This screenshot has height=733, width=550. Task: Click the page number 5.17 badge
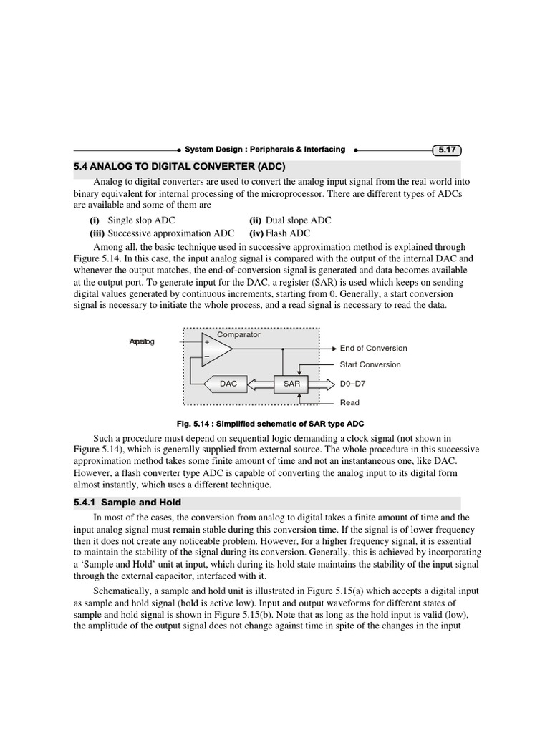pyautogui.click(x=447, y=150)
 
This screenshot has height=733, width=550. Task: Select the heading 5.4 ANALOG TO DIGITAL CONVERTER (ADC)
pyautogui.click(x=185, y=167)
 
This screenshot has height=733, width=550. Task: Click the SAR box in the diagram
pyautogui.click(x=291, y=384)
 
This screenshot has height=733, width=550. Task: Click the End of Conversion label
pyautogui.click(x=373, y=349)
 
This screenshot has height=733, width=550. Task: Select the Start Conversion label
pyautogui.click(x=370, y=365)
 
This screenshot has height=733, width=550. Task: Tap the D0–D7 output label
pyautogui.click(x=354, y=384)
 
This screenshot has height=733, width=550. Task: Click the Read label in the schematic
pyautogui.click(x=349, y=403)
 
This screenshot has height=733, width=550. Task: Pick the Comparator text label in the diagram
pyautogui.click(x=238, y=334)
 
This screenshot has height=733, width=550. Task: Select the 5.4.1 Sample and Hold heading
pyautogui.click(x=127, y=503)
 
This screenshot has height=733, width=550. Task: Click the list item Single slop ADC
pyautogui.click(x=140, y=220)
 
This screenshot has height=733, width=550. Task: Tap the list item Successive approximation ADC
pyautogui.click(x=170, y=233)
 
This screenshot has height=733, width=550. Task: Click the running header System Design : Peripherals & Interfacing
pyautogui.click(x=264, y=150)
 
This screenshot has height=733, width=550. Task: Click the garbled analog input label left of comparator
pyautogui.click(x=141, y=342)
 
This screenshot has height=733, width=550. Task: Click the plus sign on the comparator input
pyautogui.click(x=207, y=342)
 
